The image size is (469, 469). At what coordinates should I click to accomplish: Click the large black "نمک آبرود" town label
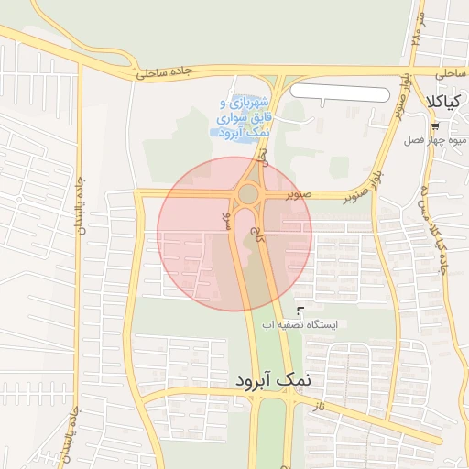pyautogui.click(x=272, y=378)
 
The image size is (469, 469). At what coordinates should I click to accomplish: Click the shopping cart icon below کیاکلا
pyautogui.click(x=434, y=126)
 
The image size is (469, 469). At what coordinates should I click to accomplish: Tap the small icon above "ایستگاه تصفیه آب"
pyautogui.click(x=300, y=311)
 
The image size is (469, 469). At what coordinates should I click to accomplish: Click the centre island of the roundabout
pyautogui.click(x=248, y=193)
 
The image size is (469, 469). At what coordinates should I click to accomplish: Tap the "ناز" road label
pyautogui.click(x=318, y=404)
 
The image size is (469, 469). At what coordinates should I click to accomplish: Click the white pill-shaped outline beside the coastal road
pyautogui.click(x=339, y=93)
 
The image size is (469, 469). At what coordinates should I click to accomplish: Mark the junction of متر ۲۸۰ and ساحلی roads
pyautogui.click(x=407, y=71)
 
